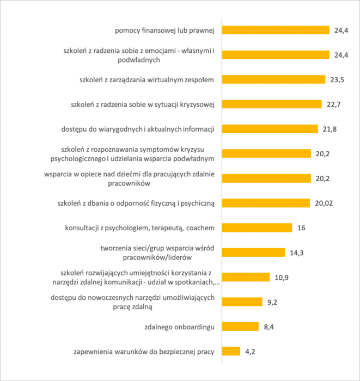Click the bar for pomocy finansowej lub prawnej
[276, 30]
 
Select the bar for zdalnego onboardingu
[240, 327]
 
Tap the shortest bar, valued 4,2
[231, 352]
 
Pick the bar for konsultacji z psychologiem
[257, 228]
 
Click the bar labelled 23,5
[274, 79]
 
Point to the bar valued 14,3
[254, 253]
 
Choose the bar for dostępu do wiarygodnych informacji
[270, 129]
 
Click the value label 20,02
[324, 203]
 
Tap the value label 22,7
[333, 105]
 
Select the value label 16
[301, 228]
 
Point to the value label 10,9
[282, 278]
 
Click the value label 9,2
[272, 302]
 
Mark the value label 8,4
[269, 327]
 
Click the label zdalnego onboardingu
[179, 327]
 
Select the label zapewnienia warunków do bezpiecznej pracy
[144, 352]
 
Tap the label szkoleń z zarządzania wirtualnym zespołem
[147, 80]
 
